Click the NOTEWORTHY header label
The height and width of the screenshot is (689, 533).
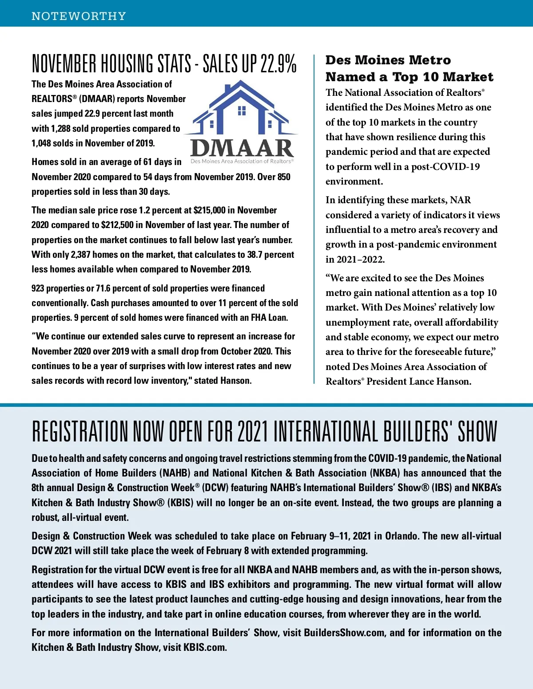click(x=79, y=16)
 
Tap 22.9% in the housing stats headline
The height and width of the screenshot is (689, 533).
click(x=278, y=64)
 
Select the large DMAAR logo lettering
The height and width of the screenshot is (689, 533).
click(x=242, y=148)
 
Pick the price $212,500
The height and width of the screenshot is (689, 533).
click(x=117, y=225)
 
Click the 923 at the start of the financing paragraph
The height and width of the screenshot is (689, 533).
click(x=38, y=288)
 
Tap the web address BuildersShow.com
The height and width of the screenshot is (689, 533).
click(x=344, y=633)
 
